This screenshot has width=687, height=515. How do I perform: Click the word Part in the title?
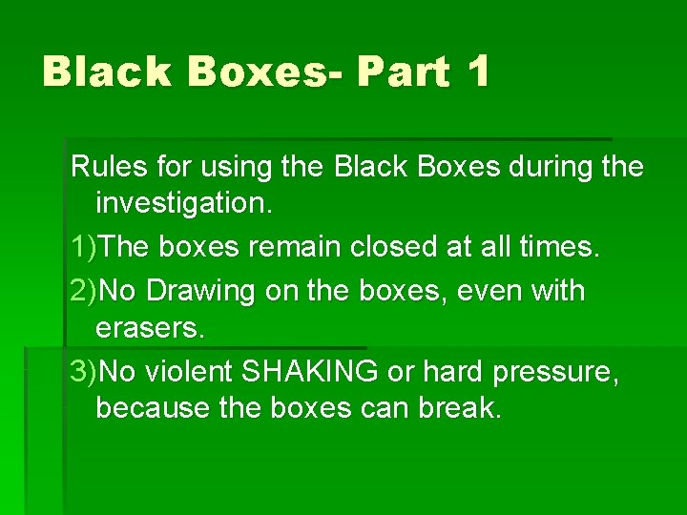click(404, 72)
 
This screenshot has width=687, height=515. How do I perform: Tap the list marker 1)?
click(84, 247)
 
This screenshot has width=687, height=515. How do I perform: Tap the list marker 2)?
click(84, 290)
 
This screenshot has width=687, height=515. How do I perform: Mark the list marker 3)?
click(84, 371)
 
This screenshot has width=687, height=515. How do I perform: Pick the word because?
click(155, 409)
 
